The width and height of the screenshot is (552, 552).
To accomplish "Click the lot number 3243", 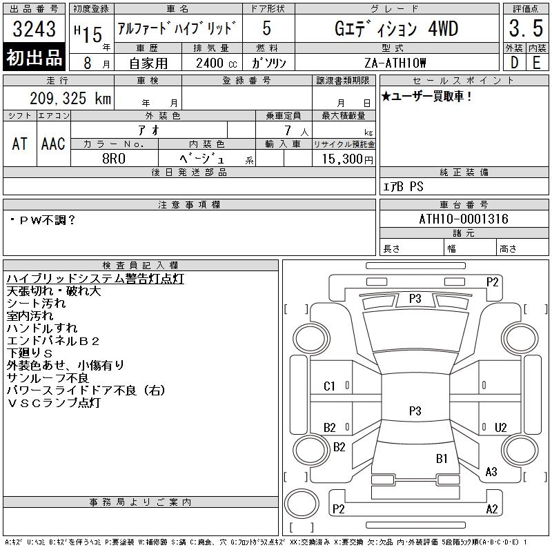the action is [34, 29].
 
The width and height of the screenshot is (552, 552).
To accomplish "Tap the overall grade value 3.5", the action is [526, 28].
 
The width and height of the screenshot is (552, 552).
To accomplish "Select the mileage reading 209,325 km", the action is [70, 98].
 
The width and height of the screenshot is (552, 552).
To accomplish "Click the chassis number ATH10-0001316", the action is [464, 219].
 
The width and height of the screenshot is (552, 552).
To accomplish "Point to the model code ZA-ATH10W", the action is [395, 63].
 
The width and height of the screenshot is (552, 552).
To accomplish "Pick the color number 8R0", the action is [114, 159].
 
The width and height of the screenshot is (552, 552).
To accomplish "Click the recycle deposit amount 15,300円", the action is [347, 159].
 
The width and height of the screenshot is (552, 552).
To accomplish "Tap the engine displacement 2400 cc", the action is [216, 63].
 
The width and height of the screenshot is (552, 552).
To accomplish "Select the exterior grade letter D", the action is [514, 63].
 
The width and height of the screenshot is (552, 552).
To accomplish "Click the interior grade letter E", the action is [537, 63].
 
